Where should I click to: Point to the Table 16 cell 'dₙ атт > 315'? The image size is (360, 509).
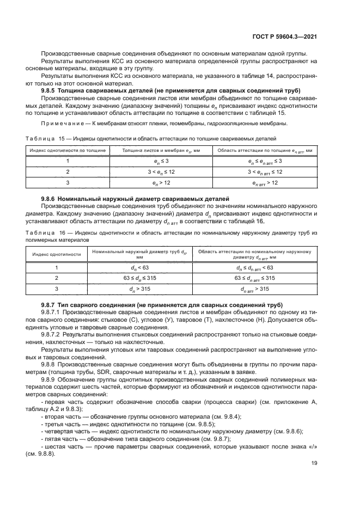pyautogui.click(x=255, y=289)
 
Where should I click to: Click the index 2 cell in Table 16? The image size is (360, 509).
pyautogui.click(x=57, y=278)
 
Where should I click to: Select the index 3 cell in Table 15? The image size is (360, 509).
pyautogui.click(x=68, y=183)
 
